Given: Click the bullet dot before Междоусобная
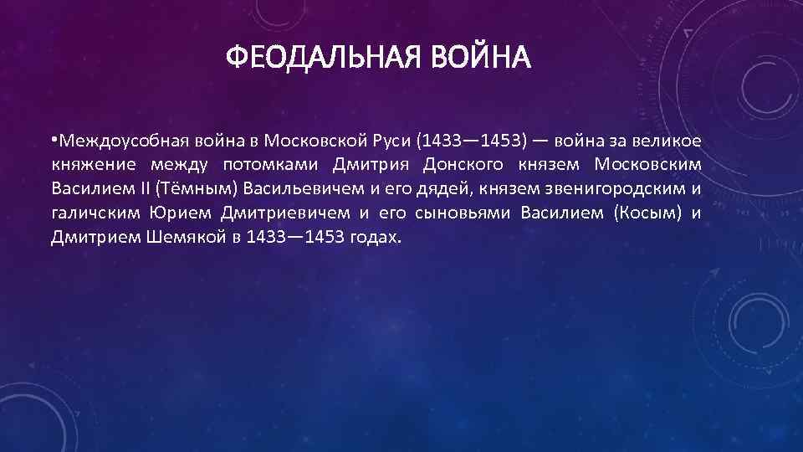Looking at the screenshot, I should click(x=54, y=136).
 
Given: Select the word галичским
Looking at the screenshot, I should click(x=95, y=212).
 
